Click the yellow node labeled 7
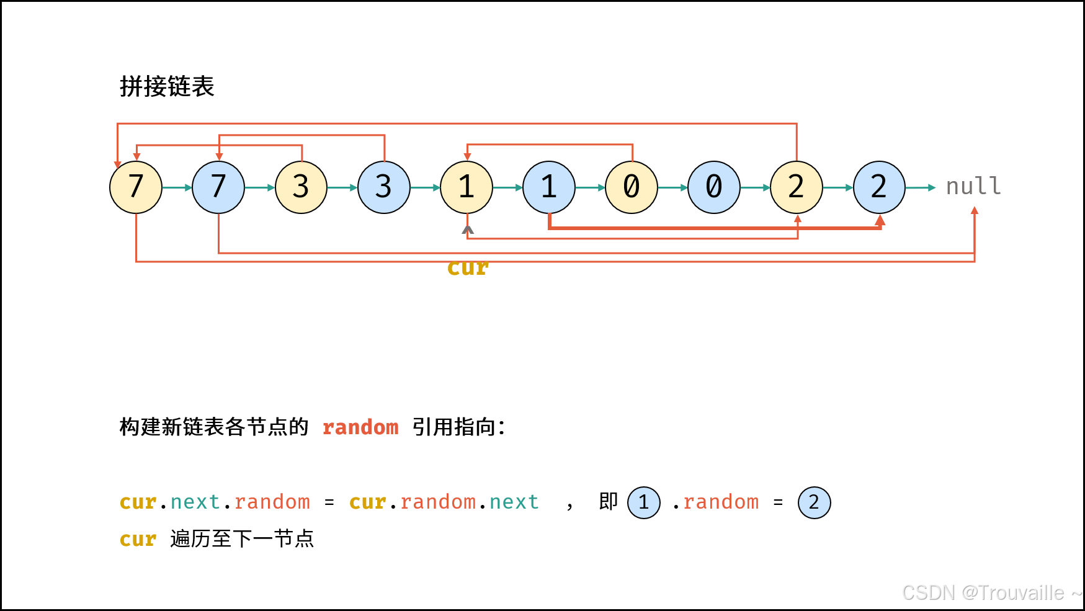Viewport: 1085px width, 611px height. click(136, 187)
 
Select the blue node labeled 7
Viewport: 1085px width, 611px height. click(218, 187)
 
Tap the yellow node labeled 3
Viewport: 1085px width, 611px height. click(301, 187)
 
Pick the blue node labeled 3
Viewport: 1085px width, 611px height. click(384, 187)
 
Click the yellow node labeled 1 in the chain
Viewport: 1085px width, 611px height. click(467, 187)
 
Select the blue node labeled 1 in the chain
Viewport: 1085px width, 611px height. click(549, 187)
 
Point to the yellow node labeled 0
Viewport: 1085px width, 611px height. click(632, 187)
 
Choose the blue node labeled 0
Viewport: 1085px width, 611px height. click(714, 187)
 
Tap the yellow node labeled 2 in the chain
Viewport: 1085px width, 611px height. click(797, 187)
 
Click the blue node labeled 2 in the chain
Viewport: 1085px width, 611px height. click(879, 187)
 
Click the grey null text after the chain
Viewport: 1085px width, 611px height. click(973, 186)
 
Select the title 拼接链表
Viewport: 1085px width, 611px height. click(167, 86)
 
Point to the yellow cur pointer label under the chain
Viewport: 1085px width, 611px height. click(468, 268)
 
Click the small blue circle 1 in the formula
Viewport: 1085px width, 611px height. click(644, 502)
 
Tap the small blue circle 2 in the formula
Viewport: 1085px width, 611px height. click(814, 502)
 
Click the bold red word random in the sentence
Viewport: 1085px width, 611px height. click(360, 427)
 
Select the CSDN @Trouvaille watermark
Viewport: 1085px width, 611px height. click(991, 593)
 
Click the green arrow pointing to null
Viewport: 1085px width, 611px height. click(921, 187)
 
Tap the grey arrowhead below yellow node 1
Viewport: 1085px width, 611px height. click(468, 230)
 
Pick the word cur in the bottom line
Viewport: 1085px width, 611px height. click(138, 540)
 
